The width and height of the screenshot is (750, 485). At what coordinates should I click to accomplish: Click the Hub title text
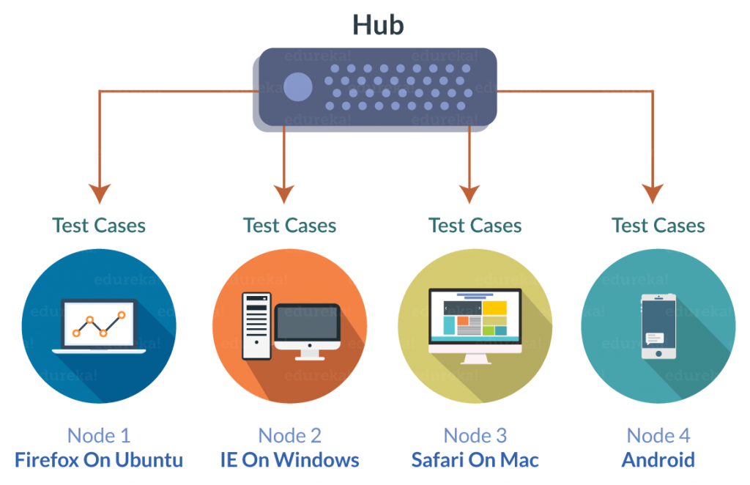378,24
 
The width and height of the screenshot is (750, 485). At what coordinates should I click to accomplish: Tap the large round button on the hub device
298,87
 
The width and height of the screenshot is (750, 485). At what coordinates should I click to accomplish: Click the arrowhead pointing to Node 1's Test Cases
99,194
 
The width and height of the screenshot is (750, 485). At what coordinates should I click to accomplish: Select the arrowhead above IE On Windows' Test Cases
284,194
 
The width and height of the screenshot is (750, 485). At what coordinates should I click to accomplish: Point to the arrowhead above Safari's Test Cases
469,194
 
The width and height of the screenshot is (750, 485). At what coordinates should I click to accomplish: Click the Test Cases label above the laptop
99,225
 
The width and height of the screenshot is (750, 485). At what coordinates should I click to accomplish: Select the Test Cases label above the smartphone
658,225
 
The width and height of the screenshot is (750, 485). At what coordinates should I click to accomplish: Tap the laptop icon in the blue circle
99,327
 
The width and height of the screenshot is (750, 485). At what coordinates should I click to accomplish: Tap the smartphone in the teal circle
657,327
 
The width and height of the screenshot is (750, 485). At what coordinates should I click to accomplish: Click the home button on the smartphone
657,353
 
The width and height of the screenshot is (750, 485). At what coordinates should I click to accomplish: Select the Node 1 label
99,435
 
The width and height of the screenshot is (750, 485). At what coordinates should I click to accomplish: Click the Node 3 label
475,435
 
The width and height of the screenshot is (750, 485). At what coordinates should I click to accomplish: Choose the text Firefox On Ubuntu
99,460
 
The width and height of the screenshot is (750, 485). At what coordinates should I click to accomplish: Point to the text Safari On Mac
475,460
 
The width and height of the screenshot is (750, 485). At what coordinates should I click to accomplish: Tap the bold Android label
658,460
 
